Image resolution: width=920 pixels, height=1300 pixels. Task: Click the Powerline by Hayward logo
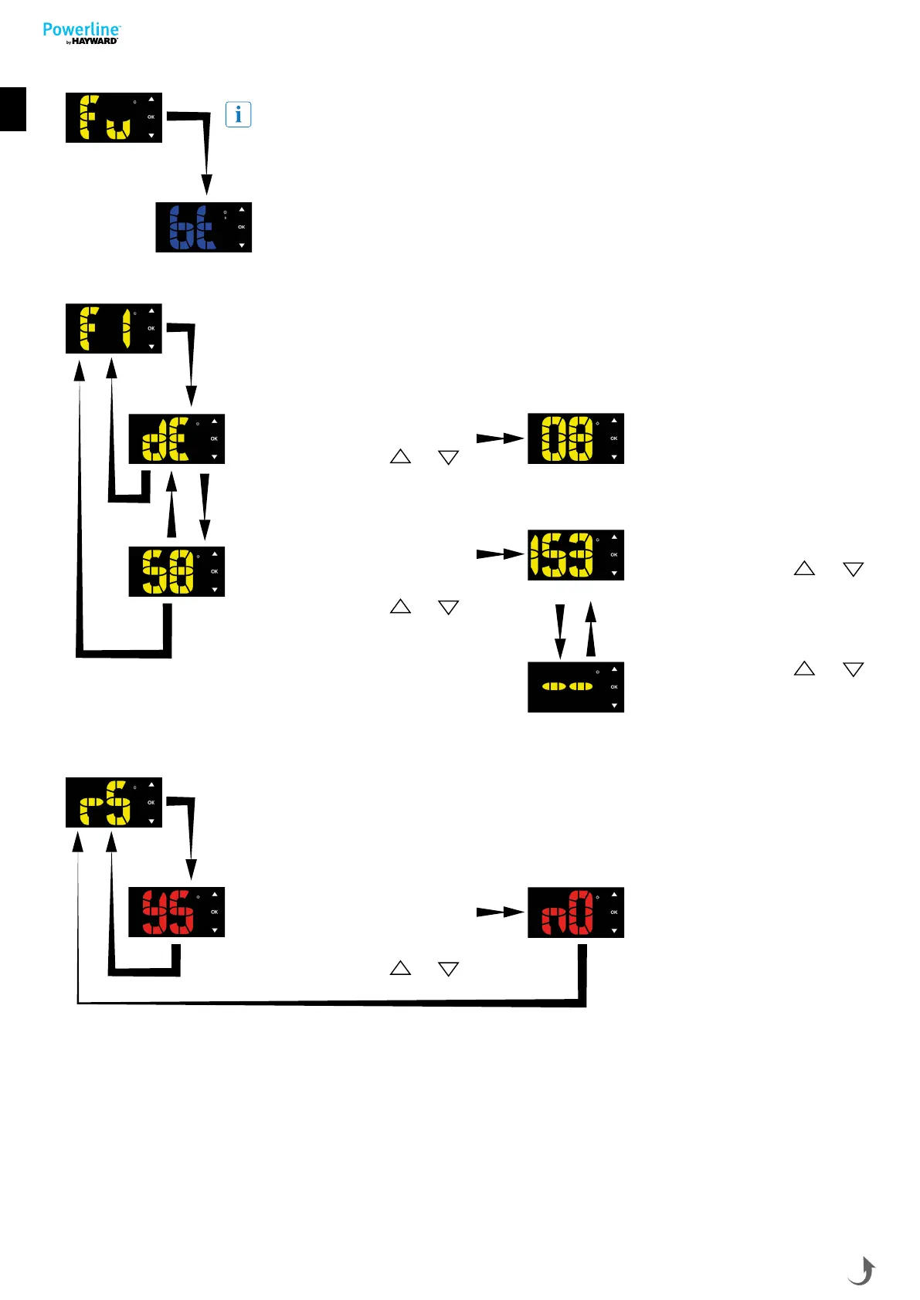81,33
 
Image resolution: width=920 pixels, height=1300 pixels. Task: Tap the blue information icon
238,115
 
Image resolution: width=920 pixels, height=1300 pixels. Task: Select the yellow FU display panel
114,117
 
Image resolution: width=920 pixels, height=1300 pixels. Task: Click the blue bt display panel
203,227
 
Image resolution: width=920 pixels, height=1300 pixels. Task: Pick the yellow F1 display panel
114,329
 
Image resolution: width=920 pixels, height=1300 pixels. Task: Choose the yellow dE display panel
176,438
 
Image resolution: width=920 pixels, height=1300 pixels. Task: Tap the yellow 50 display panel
176,571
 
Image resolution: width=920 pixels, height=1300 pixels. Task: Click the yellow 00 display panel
575,438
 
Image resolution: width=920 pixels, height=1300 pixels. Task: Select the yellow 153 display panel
575,555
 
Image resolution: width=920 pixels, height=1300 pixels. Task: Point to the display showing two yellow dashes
575,687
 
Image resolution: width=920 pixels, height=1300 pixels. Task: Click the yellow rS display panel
114,803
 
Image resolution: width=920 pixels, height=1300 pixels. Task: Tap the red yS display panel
176,912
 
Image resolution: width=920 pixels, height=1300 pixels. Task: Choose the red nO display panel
575,912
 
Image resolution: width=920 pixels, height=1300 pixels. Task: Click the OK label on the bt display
242,227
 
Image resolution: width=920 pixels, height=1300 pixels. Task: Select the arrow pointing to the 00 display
501,438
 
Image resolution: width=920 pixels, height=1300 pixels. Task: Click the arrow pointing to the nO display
501,912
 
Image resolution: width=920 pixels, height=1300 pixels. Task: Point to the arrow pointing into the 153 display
501,554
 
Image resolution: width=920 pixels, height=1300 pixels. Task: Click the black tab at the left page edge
13,109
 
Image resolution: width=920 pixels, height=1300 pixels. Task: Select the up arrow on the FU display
151,99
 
